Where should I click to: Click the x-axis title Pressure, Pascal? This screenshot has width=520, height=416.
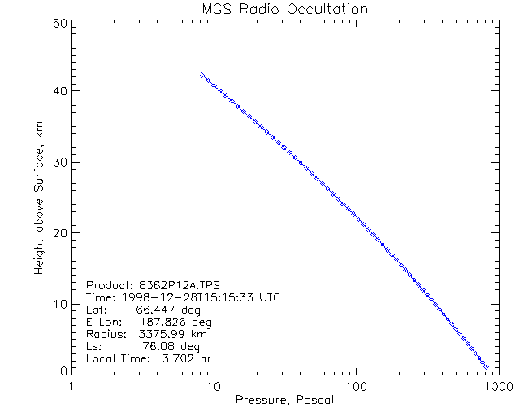point(284,400)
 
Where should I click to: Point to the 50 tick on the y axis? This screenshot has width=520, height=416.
point(58,24)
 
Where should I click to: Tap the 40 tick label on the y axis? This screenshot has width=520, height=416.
point(58,91)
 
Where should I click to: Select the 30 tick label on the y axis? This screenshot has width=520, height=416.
point(58,162)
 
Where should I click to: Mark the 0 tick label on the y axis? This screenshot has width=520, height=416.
point(62,370)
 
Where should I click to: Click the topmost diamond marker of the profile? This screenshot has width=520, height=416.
point(202,75)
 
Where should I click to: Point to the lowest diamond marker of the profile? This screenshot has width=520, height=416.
point(486,367)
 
